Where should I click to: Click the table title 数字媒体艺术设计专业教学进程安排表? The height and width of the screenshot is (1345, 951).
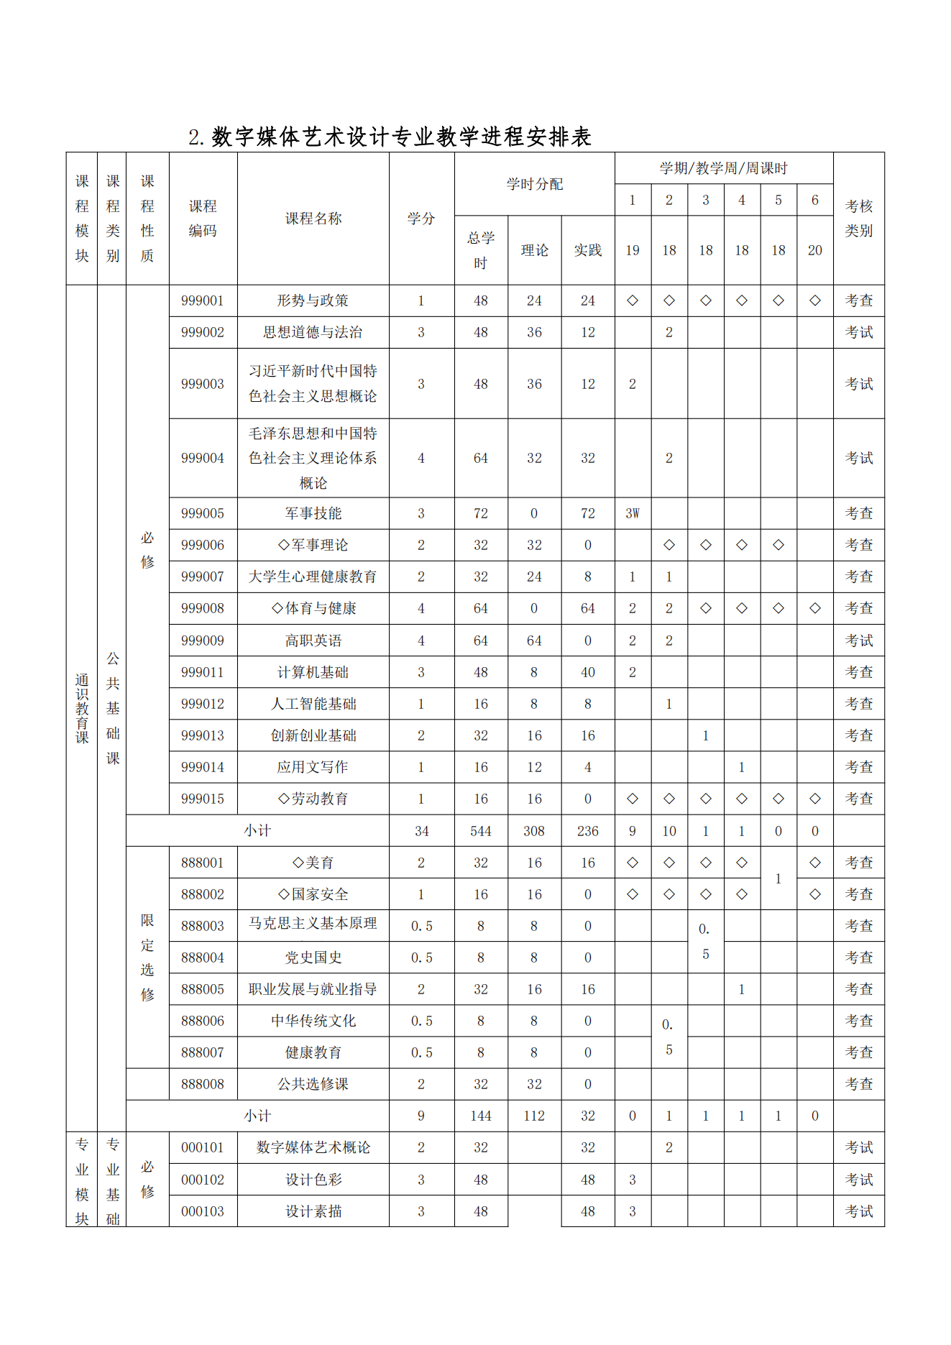point(390,137)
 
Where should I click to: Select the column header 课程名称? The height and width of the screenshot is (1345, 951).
point(313,219)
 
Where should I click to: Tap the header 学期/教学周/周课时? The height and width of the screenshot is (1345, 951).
point(723,168)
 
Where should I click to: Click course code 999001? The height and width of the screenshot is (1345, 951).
point(203,300)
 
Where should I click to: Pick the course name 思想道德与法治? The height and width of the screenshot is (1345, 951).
point(313,332)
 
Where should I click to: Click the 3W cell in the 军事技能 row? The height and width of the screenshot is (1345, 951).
point(632,513)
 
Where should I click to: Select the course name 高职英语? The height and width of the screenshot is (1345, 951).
point(313,641)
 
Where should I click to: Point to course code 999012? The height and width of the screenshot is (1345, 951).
point(203,704)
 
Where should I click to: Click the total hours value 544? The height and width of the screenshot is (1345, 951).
point(480,831)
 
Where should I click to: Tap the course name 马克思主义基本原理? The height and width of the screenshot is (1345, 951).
point(313,924)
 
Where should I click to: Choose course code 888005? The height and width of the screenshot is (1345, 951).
point(203,989)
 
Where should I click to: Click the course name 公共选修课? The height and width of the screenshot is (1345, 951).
point(313,1084)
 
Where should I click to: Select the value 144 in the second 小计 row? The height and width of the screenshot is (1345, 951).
point(480,1116)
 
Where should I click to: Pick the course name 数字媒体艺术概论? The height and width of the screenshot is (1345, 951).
point(313,1147)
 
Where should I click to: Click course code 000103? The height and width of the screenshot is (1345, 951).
point(203,1211)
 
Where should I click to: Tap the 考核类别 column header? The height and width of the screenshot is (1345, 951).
point(858,219)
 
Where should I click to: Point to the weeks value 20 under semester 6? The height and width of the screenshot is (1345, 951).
point(814,250)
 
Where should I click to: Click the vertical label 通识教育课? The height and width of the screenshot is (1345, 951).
point(82,708)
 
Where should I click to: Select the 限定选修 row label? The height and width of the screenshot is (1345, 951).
point(147,957)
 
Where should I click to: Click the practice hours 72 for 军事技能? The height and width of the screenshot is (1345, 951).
point(587,513)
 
